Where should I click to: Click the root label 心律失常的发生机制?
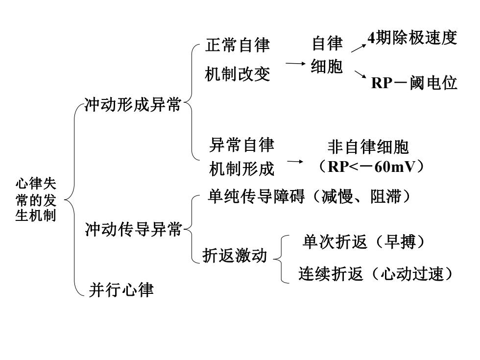coord(36,200)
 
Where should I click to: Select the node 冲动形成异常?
coord(133,104)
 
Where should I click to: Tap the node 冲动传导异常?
coord(133,229)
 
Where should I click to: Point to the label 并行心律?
coord(121,289)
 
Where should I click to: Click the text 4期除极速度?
coord(412,38)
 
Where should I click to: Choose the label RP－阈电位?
coord(414,83)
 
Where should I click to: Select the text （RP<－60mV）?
coord(371,167)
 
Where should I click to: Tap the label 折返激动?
coord(235,255)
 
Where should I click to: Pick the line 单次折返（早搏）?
coord(363,242)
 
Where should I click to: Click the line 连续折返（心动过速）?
coord(376,273)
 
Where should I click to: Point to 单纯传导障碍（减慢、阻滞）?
coord(309,196)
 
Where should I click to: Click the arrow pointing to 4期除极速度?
coord(359,48)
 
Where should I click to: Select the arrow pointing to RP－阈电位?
coord(360,74)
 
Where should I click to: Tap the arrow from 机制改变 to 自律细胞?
coord(295,64)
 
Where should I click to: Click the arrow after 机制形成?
coord(295,161)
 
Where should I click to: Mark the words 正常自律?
coord(238,45)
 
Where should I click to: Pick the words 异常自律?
coord(241,144)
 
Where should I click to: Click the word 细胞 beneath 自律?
coord(327,66)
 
